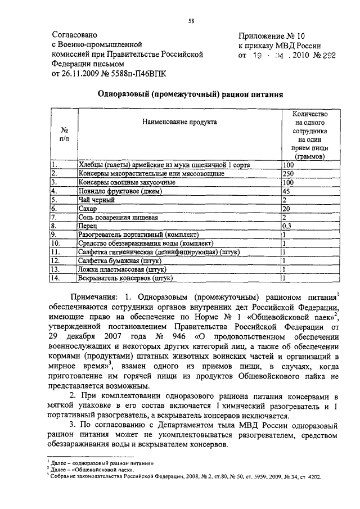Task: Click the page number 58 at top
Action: coord(191,22)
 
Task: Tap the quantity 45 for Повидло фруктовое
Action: coord(287,191)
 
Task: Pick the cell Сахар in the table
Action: coord(88,209)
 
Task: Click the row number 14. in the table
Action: coord(55,278)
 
